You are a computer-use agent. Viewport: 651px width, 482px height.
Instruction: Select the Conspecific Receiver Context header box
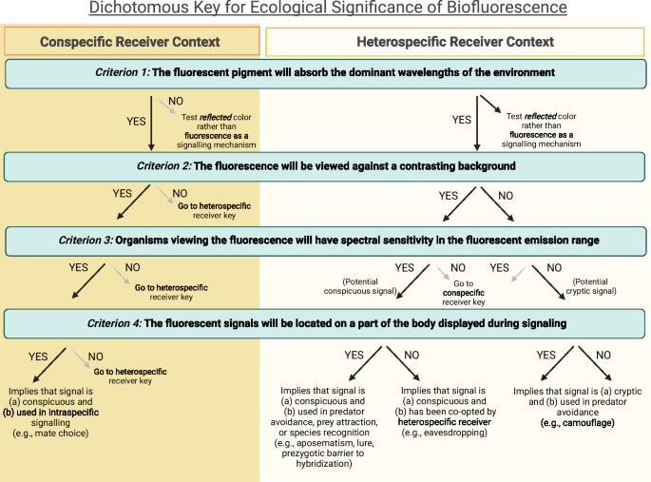pyautogui.click(x=131, y=41)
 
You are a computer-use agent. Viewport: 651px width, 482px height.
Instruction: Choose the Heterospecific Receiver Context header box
pyautogui.click(x=454, y=41)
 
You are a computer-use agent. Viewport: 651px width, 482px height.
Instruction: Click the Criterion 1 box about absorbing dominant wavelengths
pyautogui.click(x=325, y=72)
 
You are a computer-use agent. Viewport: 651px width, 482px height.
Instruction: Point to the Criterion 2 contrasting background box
pyautogui.click(x=325, y=166)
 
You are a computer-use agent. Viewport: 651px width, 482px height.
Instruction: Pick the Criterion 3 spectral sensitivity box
pyautogui.click(x=325, y=240)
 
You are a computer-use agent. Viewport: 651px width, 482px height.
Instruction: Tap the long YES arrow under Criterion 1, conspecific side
pyautogui.click(x=151, y=123)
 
